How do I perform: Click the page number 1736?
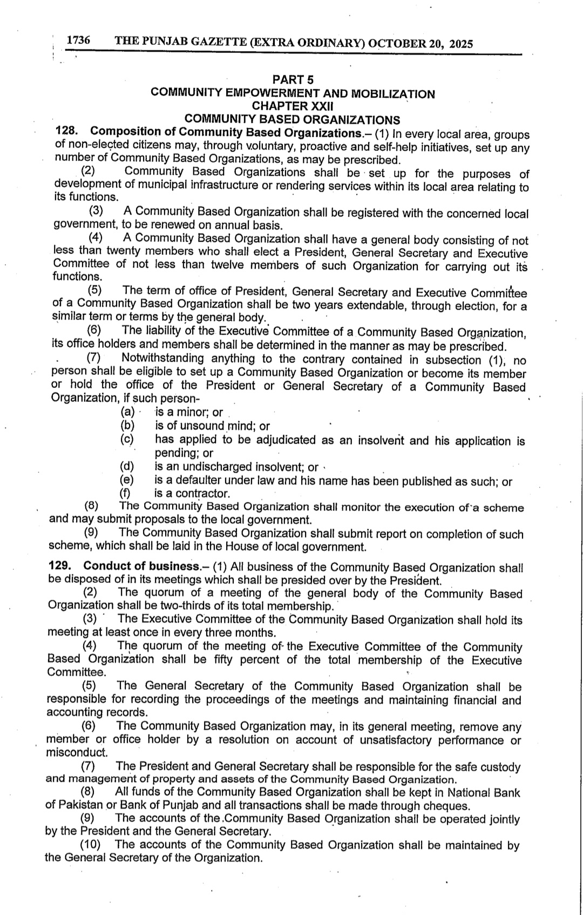[x=78, y=41]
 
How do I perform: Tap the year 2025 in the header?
[x=461, y=44]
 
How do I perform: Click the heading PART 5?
[x=293, y=80]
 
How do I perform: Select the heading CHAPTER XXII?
[x=293, y=106]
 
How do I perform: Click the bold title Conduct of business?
[x=142, y=566]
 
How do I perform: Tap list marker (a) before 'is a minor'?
[x=127, y=412]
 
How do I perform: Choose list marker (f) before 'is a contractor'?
[x=127, y=493]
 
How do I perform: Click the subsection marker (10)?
[x=90, y=845]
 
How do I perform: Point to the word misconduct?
[x=77, y=752]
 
